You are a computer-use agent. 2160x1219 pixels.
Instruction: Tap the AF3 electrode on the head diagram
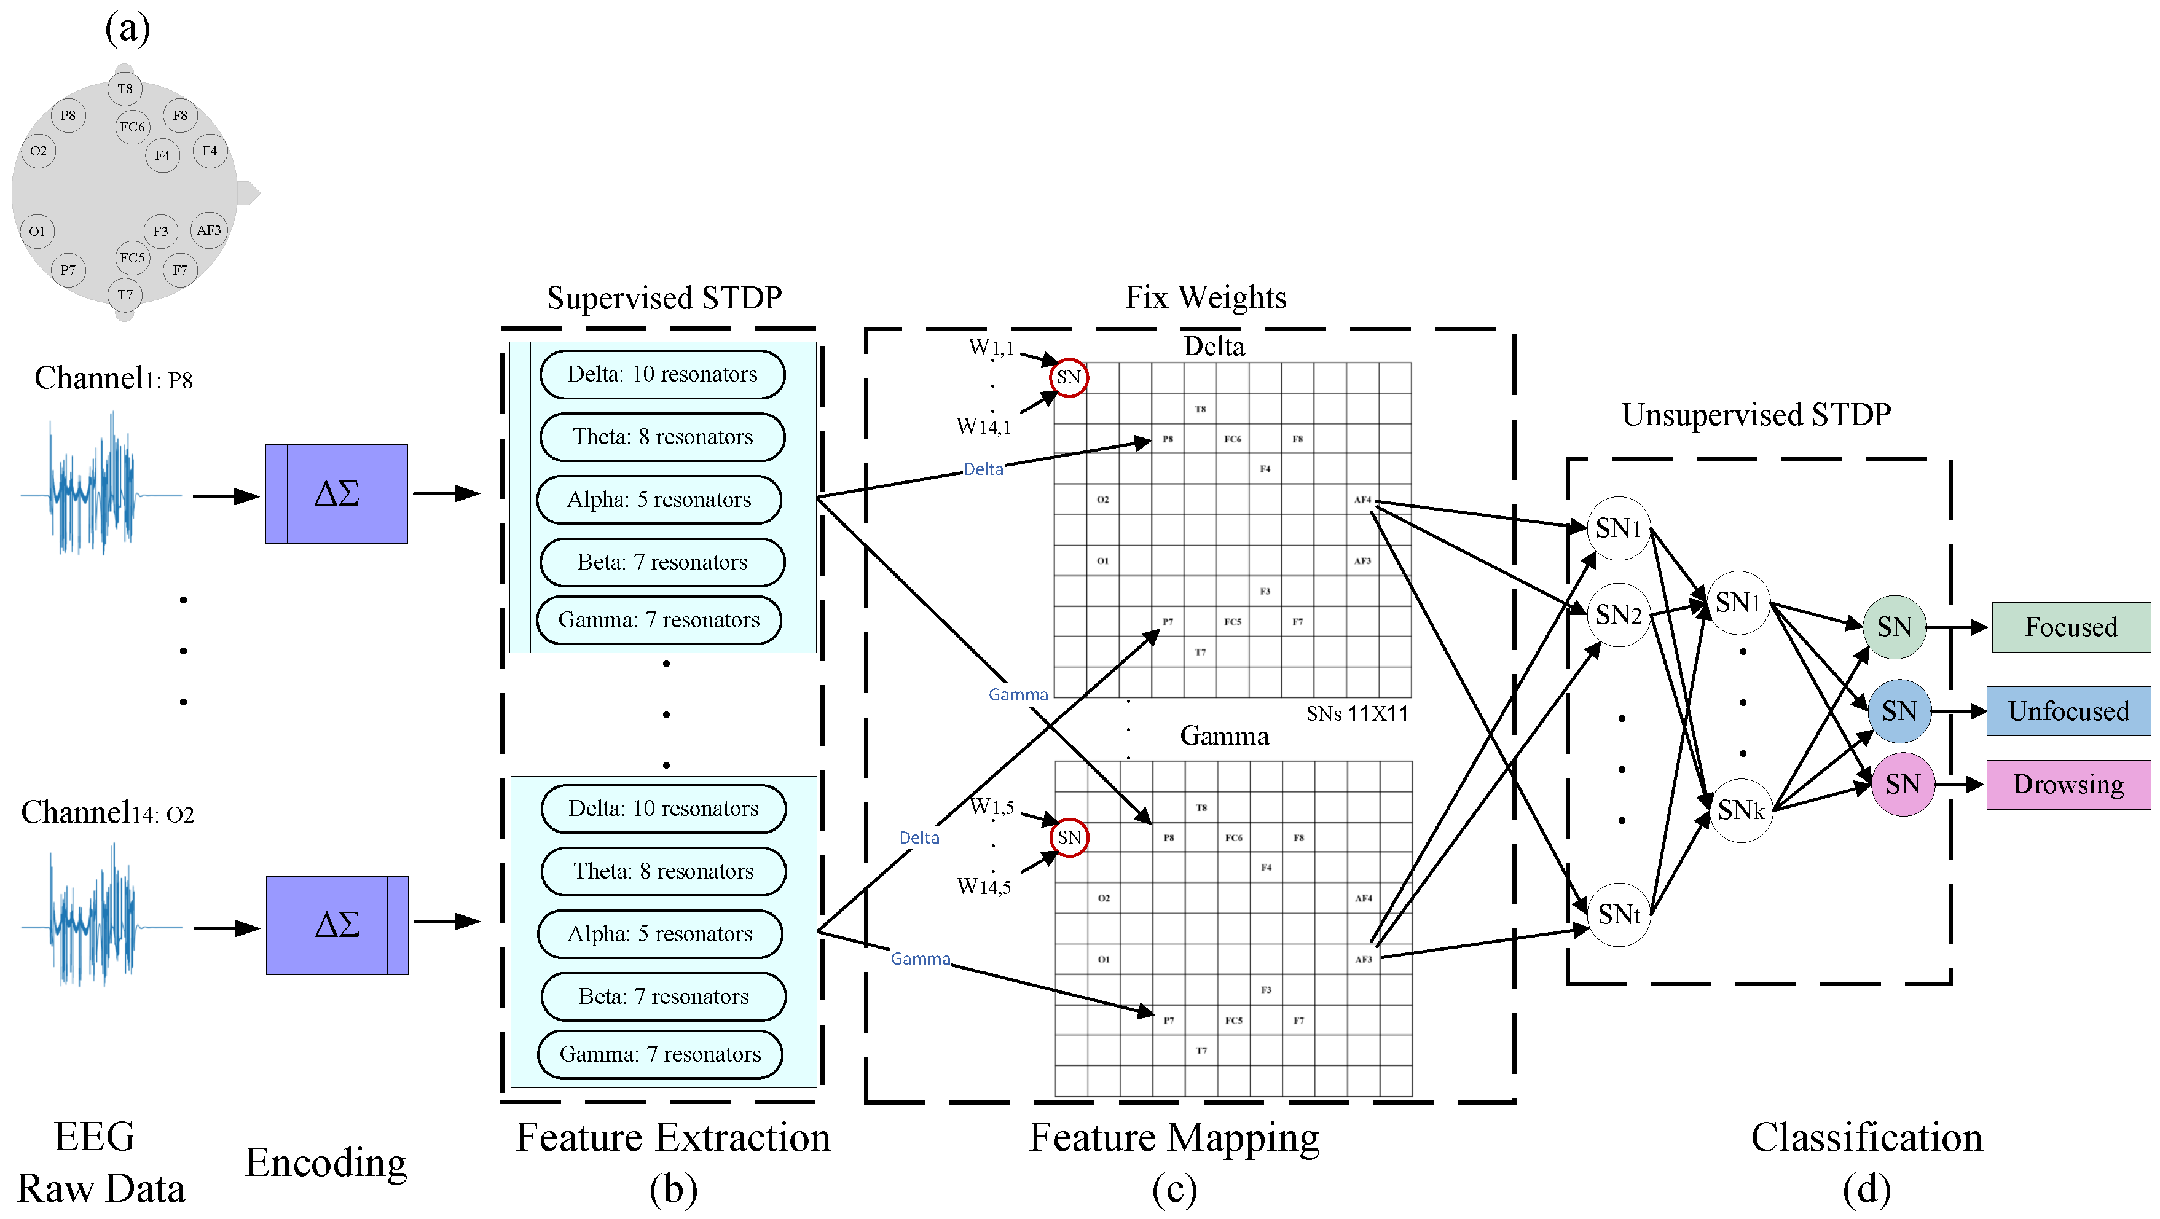209,230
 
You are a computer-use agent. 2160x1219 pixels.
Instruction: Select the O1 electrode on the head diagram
37,232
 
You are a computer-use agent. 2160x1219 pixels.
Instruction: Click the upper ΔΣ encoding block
336,494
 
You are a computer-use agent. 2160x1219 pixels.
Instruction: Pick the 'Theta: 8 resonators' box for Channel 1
662,437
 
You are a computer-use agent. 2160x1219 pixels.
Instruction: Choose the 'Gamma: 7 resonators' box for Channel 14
660,1054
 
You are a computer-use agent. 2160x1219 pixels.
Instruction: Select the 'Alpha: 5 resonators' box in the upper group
659,500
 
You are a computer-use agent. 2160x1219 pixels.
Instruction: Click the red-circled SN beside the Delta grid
1068,377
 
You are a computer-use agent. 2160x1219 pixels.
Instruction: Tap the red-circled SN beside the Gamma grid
1069,837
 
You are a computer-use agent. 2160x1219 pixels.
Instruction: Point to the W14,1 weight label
984,427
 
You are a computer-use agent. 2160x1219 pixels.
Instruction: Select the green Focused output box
2070,627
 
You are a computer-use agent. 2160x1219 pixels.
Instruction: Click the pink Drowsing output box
2068,785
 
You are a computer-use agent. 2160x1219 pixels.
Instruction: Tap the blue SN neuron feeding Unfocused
1899,711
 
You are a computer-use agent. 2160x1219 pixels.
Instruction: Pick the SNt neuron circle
1619,914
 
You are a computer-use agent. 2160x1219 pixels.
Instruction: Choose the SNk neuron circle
1741,810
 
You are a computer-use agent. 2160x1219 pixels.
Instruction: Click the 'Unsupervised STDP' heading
1756,415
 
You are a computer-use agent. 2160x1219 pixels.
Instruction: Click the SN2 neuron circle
1619,614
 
